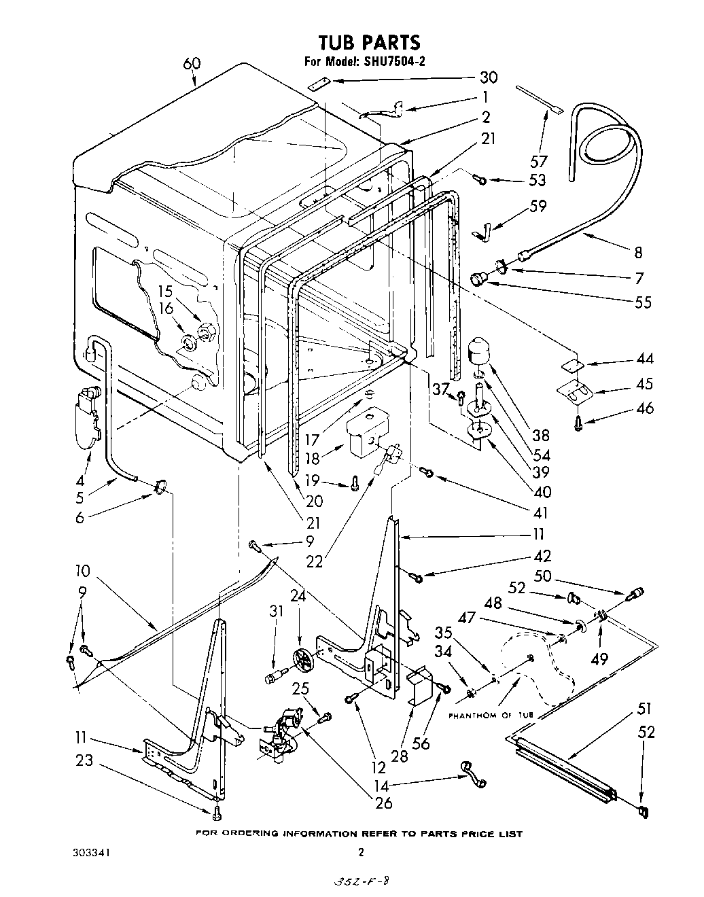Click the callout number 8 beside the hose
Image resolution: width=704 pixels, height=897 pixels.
[637, 252]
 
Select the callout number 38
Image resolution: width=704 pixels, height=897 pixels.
[542, 435]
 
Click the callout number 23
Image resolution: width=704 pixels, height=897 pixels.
[84, 761]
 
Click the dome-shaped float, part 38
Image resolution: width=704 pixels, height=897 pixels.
[481, 351]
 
